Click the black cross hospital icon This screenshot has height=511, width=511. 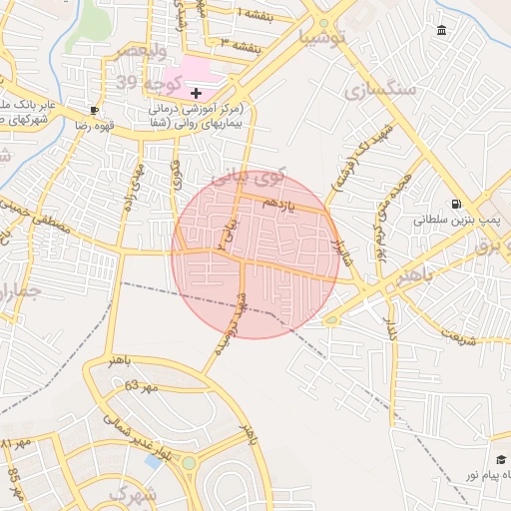pyautogui.click(x=196, y=93)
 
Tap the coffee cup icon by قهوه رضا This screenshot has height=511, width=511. pyautogui.click(x=94, y=110)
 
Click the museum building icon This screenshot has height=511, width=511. pyautogui.click(x=442, y=31)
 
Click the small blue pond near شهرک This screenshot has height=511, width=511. pyautogui.click(x=154, y=462)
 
